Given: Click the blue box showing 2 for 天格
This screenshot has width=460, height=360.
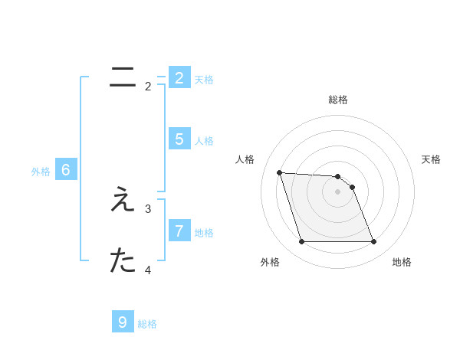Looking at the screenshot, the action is tap(179, 78).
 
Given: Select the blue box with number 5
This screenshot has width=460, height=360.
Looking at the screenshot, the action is tap(179, 139).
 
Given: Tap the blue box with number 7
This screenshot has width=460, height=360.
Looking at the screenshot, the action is tap(179, 231).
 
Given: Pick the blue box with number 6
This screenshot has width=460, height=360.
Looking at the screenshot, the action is tap(66, 170).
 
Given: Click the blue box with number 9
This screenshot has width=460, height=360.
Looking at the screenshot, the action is tap(123, 322).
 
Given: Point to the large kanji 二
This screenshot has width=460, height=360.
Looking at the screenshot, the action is tap(123, 77).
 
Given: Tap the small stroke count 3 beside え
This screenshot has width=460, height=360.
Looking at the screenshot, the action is tap(148, 208).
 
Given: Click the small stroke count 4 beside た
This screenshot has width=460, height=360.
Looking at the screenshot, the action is tap(148, 270).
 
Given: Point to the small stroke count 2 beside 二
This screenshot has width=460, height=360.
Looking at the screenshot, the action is tap(148, 87).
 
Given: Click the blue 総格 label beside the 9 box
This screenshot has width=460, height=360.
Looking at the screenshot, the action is tap(147, 324).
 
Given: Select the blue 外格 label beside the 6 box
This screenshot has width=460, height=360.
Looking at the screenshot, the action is tap(41, 172).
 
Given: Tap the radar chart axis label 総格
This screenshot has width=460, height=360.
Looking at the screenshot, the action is tap(338, 100).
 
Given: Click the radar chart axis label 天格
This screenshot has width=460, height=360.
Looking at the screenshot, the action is tap(431, 159).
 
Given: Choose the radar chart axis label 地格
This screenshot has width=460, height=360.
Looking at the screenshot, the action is tap(402, 262).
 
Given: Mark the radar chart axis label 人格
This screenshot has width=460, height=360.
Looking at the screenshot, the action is tap(245, 159).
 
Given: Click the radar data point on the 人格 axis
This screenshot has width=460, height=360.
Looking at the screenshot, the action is tap(279, 172).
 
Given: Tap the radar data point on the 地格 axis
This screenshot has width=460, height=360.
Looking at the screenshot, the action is tap(373, 242).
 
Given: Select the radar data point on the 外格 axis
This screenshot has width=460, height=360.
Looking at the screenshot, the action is tap(301, 242).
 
